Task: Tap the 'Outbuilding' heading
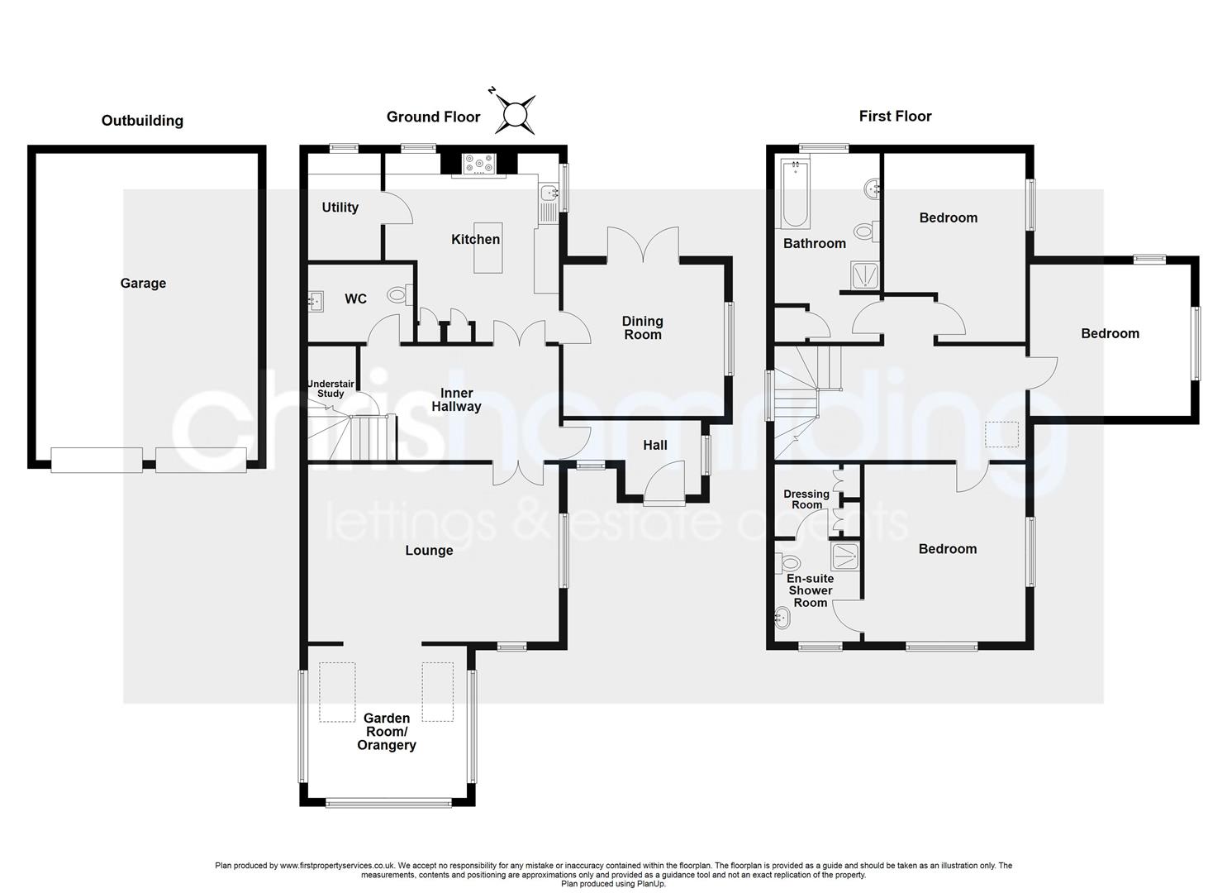pos(142,121)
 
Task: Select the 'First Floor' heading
pos(895,117)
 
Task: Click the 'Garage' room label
pos(143,284)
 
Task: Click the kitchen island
pos(487,259)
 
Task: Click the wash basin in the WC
pos(316,302)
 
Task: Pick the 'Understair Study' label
pos(331,389)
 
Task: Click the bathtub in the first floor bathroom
pos(795,193)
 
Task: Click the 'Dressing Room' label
pos(806,499)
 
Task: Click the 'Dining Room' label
pos(643,327)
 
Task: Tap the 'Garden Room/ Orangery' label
pos(386,732)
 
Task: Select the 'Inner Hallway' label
pos(456,400)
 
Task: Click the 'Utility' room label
pos(340,208)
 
